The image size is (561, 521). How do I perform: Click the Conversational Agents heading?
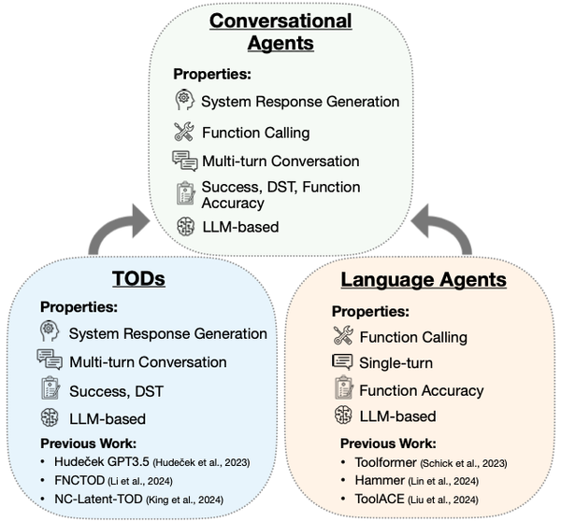(280, 31)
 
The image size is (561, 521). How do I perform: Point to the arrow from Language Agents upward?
(447, 229)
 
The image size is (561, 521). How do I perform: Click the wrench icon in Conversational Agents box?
(184, 132)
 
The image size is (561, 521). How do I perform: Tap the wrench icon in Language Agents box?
(343, 336)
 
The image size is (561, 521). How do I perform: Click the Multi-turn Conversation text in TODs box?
(148, 361)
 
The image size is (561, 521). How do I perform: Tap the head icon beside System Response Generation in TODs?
(49, 331)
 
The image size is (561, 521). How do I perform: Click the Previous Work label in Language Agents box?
(387, 444)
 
